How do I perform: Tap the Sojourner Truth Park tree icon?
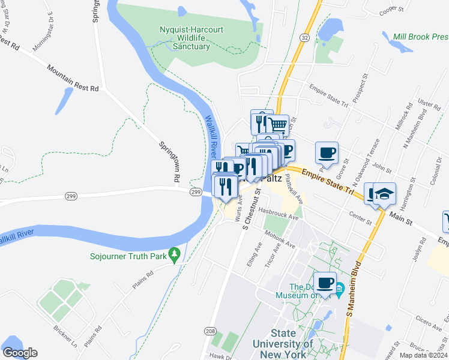[x=175, y=255]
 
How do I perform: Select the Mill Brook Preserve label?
[x=420, y=37]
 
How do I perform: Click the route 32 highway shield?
[x=306, y=37]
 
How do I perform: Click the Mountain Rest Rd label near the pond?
[x=73, y=79]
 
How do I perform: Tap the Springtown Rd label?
[x=169, y=162]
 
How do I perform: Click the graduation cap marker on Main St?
[x=384, y=194]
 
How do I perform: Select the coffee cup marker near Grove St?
[x=326, y=152]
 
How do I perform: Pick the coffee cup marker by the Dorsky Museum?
[x=325, y=283]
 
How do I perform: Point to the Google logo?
[x=20, y=353]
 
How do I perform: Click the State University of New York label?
[x=283, y=344]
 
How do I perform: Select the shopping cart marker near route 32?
[x=277, y=125]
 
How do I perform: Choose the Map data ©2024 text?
[x=424, y=355]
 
